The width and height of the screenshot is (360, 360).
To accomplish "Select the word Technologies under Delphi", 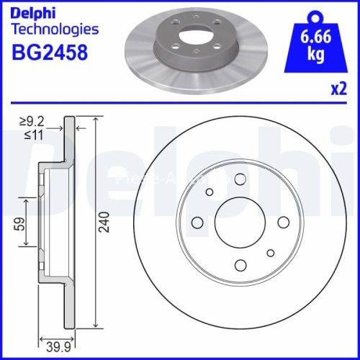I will point(55,30).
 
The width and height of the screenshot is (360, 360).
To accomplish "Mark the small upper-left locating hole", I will point(210,192).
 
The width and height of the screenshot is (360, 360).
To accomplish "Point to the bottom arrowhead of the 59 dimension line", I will point(28,244).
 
